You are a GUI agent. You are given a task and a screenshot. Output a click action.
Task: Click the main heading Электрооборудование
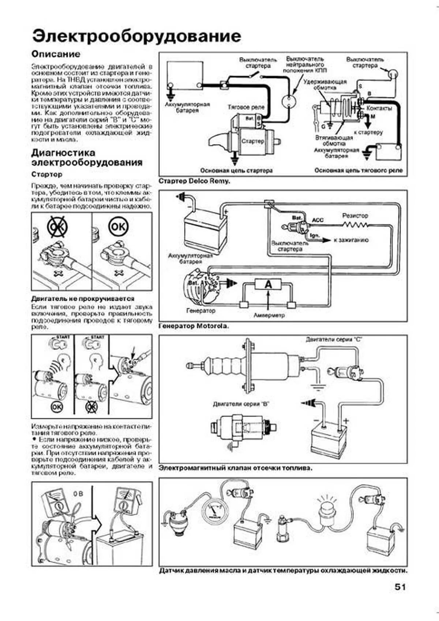pyautogui.click(x=136, y=36)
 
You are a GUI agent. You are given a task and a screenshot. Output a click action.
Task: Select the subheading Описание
pyautogui.click(x=56, y=54)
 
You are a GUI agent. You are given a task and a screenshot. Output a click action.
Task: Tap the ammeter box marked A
pyautogui.click(x=268, y=284)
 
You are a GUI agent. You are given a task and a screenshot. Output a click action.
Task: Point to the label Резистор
pyautogui.click(x=355, y=216)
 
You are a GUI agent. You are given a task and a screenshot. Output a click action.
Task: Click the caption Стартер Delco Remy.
pyautogui.click(x=194, y=181)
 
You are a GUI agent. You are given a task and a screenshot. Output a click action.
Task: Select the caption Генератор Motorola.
pyautogui.click(x=194, y=326)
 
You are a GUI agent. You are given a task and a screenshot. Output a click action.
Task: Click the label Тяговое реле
pyautogui.click(x=245, y=107)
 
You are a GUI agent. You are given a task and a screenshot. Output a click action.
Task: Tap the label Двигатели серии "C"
pyautogui.click(x=334, y=340)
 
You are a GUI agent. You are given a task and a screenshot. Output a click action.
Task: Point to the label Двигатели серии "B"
pyautogui.click(x=241, y=404)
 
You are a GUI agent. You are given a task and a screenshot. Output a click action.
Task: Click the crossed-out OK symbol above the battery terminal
pyautogui.click(x=57, y=227)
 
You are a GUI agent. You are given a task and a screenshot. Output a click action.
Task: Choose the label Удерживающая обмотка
pyautogui.click(x=325, y=85)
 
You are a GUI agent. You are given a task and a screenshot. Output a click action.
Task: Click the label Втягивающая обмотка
pyautogui.click(x=334, y=141)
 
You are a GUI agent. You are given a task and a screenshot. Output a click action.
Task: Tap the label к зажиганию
pyautogui.click(x=351, y=240)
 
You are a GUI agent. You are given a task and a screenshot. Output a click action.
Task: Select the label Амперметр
pyautogui.click(x=269, y=315)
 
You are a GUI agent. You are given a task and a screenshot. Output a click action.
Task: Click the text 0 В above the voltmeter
pyautogui.click(x=78, y=494)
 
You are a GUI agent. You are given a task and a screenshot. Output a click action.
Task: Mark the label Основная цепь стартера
pyautogui.click(x=236, y=171)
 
